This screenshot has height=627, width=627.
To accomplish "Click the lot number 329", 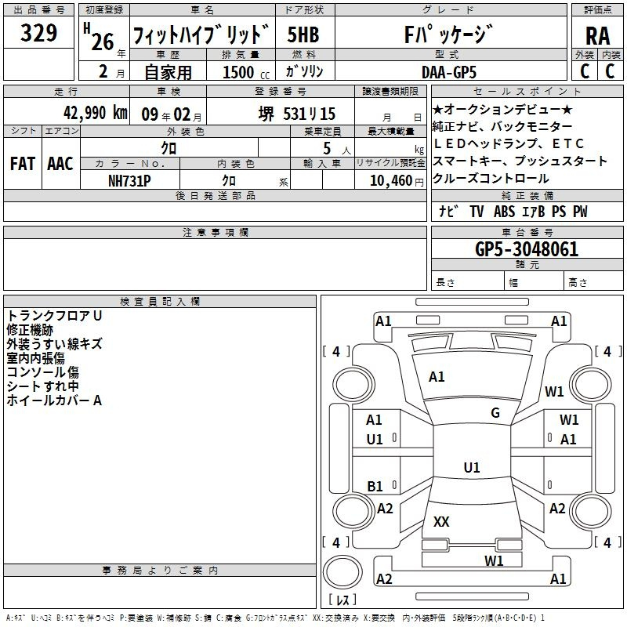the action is [38, 32].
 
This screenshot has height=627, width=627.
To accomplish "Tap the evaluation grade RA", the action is [597, 36].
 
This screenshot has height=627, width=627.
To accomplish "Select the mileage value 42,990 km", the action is [95, 113].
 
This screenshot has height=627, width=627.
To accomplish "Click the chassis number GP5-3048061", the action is [527, 248].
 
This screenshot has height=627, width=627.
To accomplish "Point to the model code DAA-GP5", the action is [449, 72].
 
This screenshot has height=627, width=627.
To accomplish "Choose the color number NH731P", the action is [129, 181].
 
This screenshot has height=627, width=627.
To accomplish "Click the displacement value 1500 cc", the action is [246, 72].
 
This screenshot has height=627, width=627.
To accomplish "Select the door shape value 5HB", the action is [303, 34].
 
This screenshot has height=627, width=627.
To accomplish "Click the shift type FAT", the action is [23, 164].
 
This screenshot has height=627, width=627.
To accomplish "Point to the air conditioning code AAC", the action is [60, 164].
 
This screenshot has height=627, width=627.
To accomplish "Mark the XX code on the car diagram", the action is [441, 521].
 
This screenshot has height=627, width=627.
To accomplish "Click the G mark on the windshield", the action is [495, 412].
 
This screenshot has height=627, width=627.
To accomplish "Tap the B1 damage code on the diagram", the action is [375, 486].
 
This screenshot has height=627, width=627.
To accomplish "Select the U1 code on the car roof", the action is [472, 467].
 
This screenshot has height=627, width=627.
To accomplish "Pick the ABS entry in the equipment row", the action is [504, 211].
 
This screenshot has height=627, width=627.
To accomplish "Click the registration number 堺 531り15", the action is [297, 114].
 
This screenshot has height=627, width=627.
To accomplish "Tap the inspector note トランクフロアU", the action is [54, 316].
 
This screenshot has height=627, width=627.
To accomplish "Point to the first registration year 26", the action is [103, 42].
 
